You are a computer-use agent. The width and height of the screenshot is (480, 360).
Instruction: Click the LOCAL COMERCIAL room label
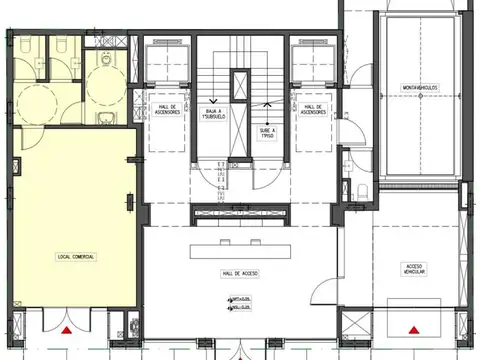point(76,257)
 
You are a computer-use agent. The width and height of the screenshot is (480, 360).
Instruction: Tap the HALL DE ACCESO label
point(240,272)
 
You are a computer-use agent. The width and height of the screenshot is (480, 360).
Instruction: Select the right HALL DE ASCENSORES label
point(312,109)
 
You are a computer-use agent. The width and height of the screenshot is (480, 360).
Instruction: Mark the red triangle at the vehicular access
point(412,328)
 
